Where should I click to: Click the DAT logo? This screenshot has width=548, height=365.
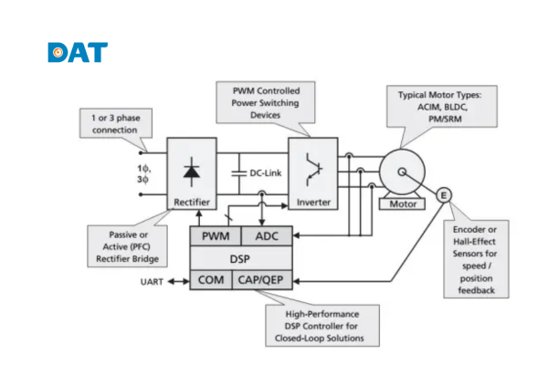pyautogui.click(x=78, y=52)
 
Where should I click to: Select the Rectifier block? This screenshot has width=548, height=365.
pyautogui.click(x=192, y=173)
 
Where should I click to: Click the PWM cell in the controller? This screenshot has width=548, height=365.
pyautogui.click(x=215, y=237)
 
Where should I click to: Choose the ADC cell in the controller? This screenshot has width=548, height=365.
pyautogui.click(x=267, y=237)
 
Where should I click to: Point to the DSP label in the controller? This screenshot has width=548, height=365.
pyautogui.click(x=241, y=258)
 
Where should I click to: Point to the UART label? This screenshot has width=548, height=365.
pyautogui.click(x=153, y=280)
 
